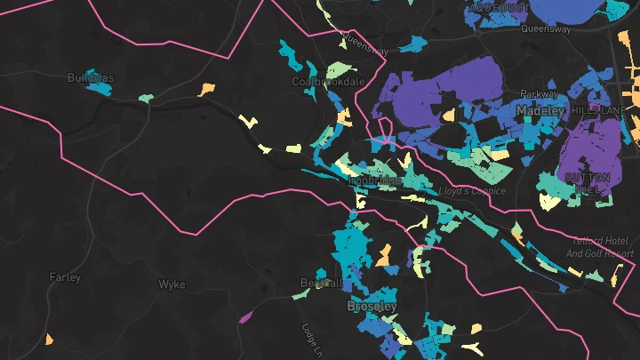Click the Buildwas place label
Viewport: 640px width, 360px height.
click(x=91, y=78)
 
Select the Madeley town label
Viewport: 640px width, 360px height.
click(x=540, y=110)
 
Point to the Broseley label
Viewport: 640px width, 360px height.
click(x=372, y=306)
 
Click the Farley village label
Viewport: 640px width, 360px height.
click(x=65, y=277)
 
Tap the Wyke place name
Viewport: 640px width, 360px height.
click(x=172, y=284)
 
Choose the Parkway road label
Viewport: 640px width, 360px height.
click(x=539, y=93)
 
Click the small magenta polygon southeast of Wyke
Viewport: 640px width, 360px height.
click(x=245, y=316)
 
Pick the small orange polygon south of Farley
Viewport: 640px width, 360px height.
click(x=49, y=339)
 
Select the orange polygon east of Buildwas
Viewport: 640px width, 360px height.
click(x=206, y=89)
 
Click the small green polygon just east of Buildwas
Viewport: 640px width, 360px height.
click(x=145, y=98)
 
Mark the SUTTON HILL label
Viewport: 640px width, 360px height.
click(x=588, y=183)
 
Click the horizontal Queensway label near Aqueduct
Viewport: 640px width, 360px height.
click(x=547, y=28)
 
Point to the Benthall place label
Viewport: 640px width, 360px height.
click(x=321, y=283)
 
